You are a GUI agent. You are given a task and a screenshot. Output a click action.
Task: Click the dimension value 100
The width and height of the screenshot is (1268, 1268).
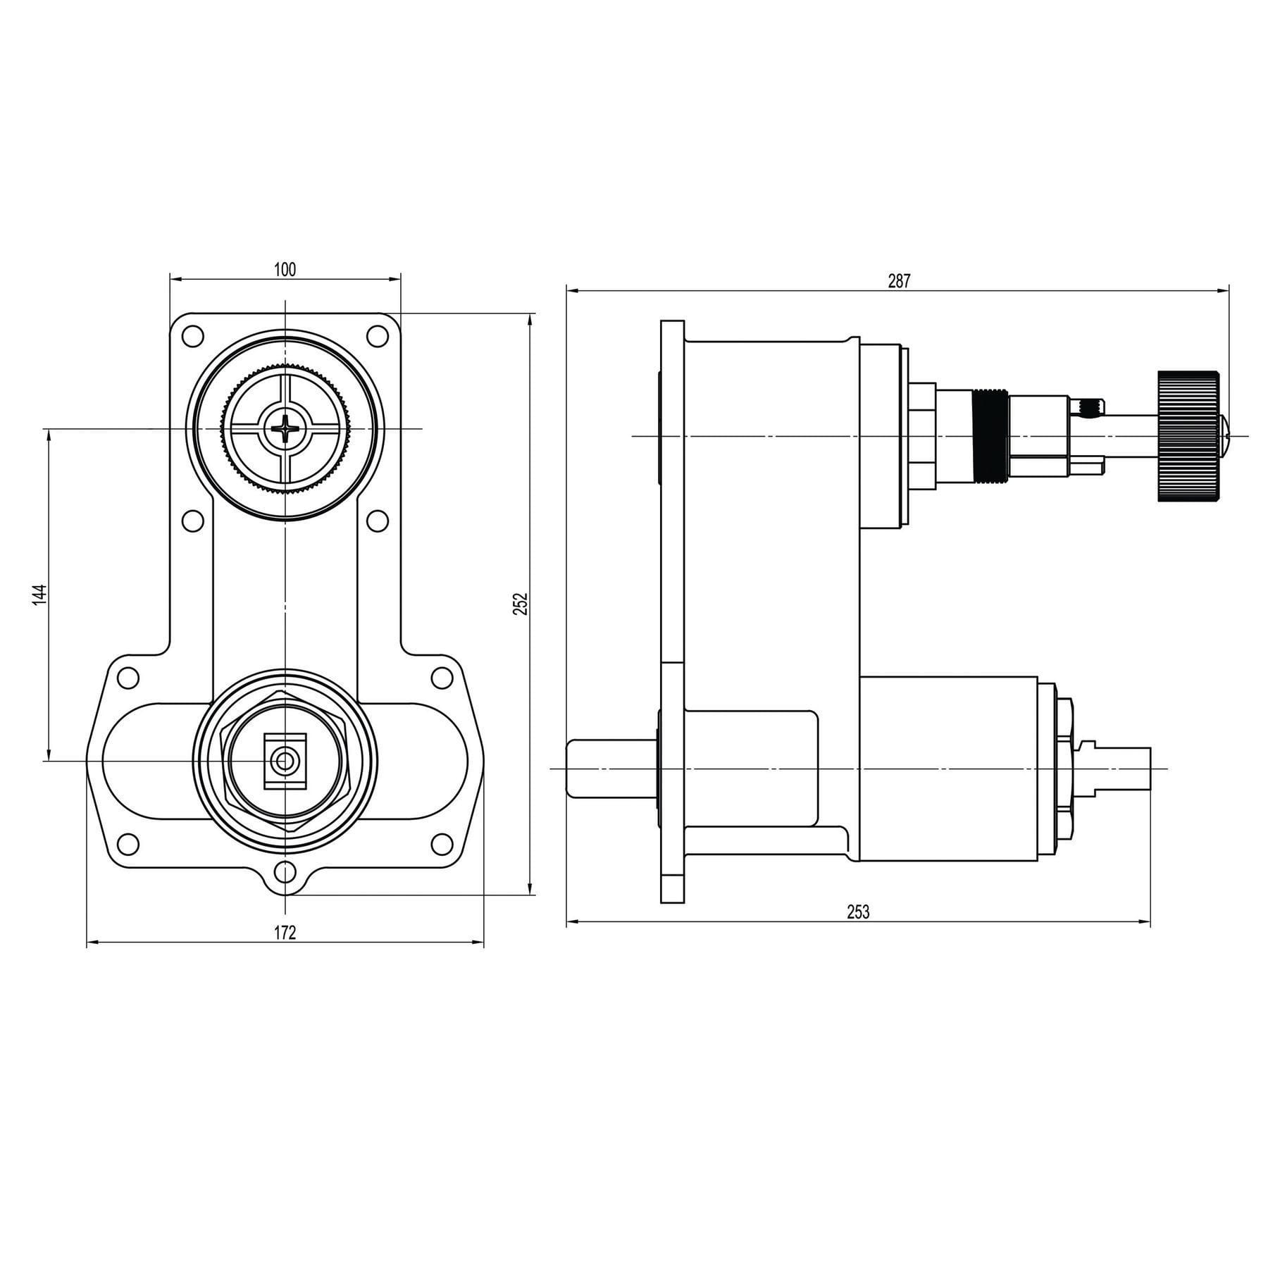click(285, 269)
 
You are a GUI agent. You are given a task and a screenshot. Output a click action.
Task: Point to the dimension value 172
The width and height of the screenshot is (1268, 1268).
click(285, 933)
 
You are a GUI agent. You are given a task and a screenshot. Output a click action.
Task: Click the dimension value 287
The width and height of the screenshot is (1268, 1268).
click(899, 281)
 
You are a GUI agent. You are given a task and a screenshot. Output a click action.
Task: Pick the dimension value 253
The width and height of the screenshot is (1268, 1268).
click(858, 912)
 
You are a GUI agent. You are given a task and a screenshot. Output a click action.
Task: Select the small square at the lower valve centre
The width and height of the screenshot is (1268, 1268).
click(285, 761)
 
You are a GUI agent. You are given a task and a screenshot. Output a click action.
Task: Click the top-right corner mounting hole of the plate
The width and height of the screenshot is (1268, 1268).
click(378, 336)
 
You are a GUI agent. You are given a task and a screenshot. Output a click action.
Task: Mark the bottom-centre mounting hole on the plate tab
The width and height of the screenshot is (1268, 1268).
click(285, 872)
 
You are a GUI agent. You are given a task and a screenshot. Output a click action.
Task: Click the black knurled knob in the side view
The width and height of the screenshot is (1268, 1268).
click(1188, 436)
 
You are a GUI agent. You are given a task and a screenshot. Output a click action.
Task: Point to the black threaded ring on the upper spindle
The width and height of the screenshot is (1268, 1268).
click(990, 436)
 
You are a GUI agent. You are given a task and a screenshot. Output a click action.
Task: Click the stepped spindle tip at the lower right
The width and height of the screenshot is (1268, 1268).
click(1120, 768)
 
